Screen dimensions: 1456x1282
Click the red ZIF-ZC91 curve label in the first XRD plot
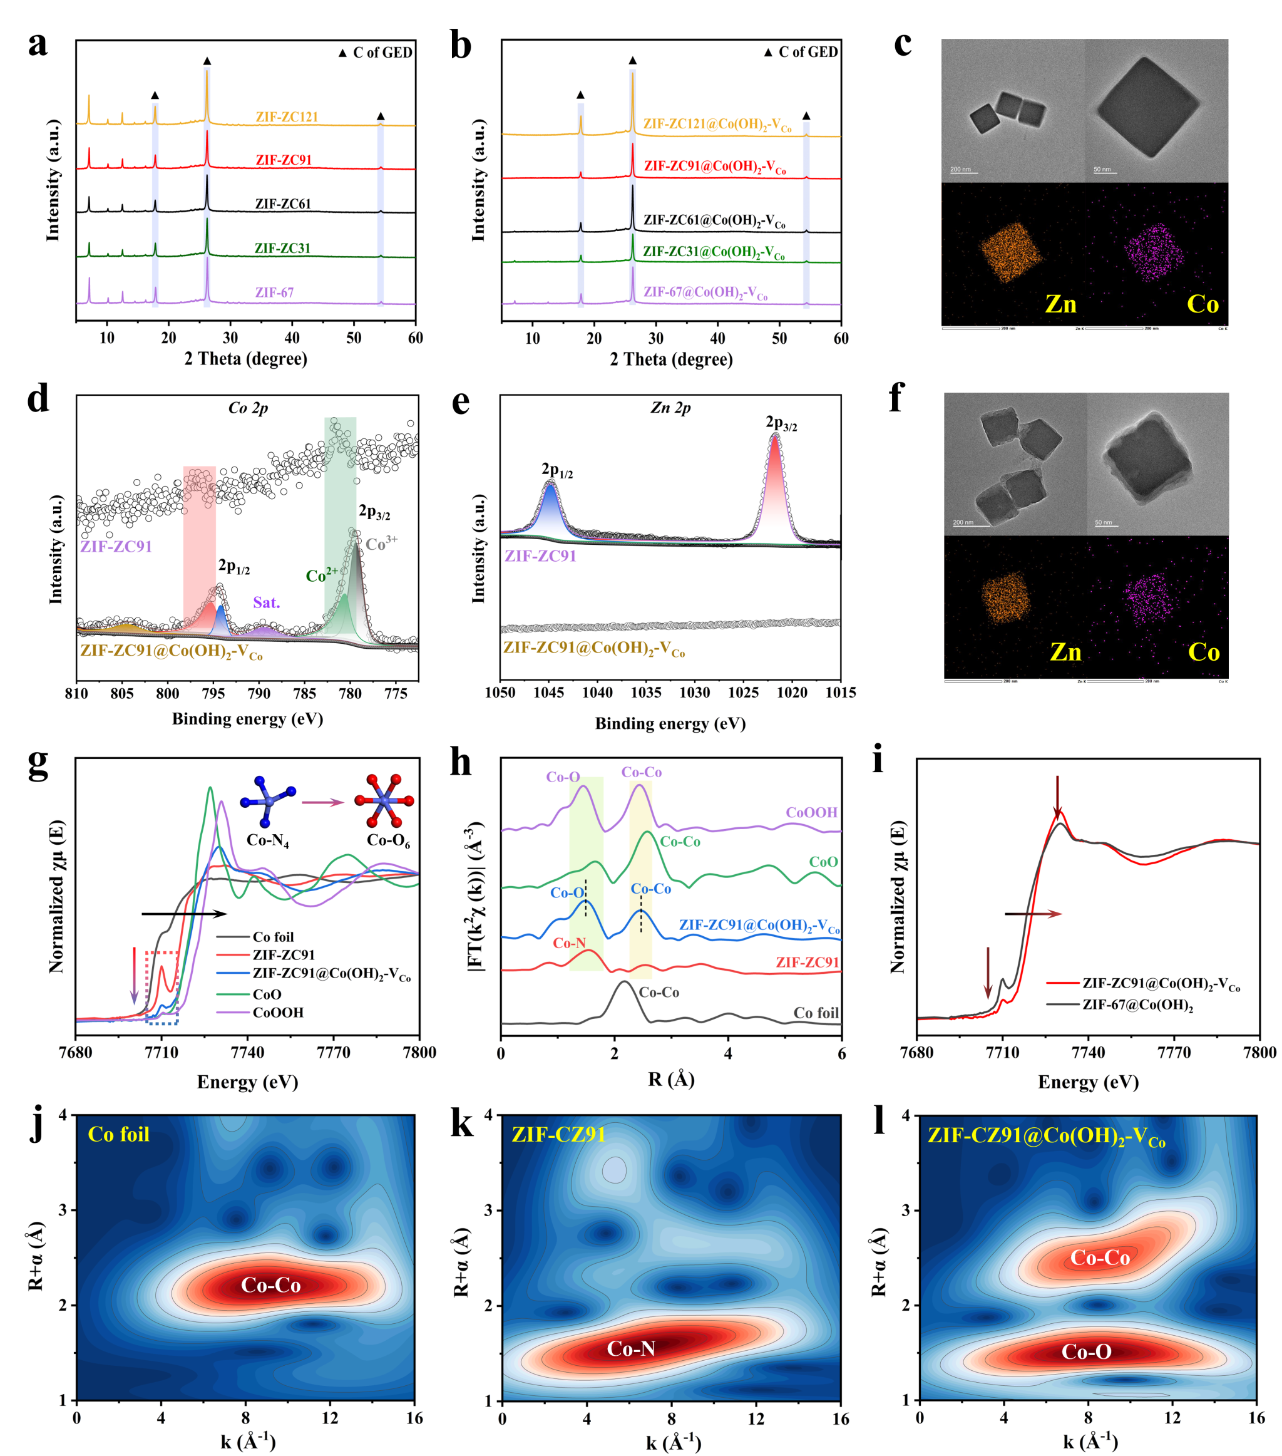click(284, 160)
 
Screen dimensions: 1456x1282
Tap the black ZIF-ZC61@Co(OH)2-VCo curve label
click(714, 221)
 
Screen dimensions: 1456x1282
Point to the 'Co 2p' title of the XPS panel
click(248, 408)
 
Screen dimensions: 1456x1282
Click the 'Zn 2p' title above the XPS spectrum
click(670, 408)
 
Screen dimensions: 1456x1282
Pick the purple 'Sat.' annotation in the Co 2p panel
click(267, 602)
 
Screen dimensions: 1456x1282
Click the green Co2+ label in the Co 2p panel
click(321, 575)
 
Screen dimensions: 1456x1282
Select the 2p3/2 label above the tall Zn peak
click(781, 424)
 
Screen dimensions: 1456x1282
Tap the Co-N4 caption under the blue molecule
click(268, 840)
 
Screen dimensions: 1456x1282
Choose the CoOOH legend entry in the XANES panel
click(278, 1012)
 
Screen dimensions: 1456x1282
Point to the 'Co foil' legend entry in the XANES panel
click(273, 937)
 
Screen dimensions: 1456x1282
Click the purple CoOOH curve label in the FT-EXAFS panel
click(811, 813)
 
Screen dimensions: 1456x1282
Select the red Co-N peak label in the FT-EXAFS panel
click(570, 943)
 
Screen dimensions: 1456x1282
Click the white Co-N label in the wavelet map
click(631, 1348)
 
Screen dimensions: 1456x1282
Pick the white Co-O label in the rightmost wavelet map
click(1086, 1351)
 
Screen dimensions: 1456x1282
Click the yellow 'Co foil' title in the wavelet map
click(118, 1134)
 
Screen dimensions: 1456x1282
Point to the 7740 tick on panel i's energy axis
click(1087, 1052)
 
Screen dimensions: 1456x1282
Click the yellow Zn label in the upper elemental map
click(1060, 304)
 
